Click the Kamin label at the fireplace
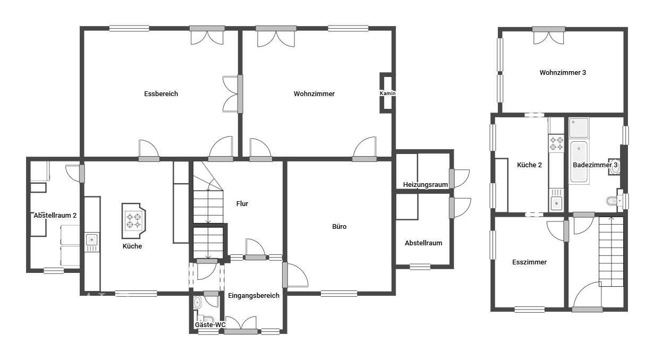tap(387, 93)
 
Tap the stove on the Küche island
tap(133, 220)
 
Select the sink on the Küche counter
tap(92, 240)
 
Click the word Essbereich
tap(161, 93)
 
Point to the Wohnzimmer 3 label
tap(563, 72)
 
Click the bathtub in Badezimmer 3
tap(579, 162)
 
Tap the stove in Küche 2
tap(556, 143)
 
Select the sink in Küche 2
tap(556, 203)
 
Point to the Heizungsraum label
tap(425, 184)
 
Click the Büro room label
tap(339, 226)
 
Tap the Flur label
tap(242, 204)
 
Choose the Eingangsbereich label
tap(253, 295)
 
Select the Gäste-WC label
tap(210, 324)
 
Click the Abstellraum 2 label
tap(55, 215)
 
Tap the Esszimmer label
tap(529, 262)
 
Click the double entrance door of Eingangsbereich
tap(241, 325)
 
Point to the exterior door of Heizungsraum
tap(459, 178)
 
